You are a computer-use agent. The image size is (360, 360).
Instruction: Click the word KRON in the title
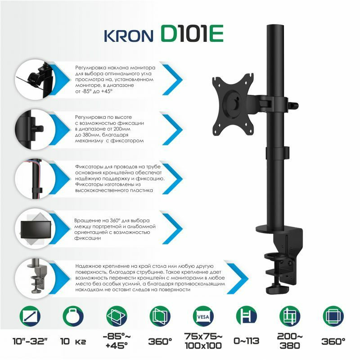click(129, 36)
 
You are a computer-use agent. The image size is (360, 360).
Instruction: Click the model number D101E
click(192, 34)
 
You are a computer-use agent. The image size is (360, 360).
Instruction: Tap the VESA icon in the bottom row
click(203, 316)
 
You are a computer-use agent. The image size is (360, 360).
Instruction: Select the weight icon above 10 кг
click(73, 316)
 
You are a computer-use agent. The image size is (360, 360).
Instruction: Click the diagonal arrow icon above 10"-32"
click(30, 316)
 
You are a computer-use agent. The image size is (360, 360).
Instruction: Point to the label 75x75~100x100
click(203, 341)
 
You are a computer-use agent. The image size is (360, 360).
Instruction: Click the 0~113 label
click(246, 341)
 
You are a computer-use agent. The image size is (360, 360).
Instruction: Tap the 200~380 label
click(290, 341)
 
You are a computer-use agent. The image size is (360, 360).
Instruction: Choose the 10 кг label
click(73, 341)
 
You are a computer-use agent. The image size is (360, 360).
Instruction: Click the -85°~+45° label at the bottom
click(117, 341)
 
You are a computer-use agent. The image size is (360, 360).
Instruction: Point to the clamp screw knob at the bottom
click(277, 289)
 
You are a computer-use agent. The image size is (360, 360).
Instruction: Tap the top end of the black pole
click(275, 25)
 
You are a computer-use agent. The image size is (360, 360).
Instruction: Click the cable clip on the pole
click(277, 153)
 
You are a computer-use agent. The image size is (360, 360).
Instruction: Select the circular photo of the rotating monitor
click(35, 229)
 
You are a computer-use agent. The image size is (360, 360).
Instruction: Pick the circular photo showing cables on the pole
click(35, 179)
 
